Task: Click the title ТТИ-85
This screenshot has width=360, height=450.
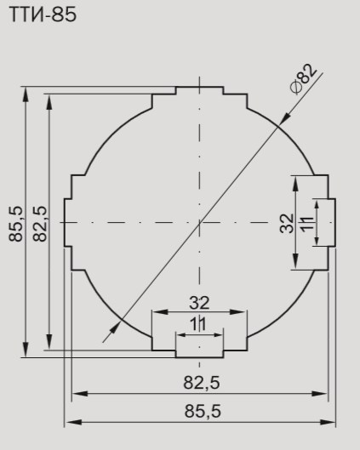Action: click(x=43, y=15)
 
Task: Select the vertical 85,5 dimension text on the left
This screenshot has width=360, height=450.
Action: click(x=15, y=224)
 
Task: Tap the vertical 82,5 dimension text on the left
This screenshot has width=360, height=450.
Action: click(x=40, y=224)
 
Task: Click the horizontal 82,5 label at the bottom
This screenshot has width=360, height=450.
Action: click(x=202, y=383)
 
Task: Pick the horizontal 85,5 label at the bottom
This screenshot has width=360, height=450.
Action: click(x=203, y=411)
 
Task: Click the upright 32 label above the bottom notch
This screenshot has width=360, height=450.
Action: click(x=199, y=303)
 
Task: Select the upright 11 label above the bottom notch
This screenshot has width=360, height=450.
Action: click(x=198, y=324)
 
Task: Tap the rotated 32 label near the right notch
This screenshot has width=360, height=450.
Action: click(x=287, y=224)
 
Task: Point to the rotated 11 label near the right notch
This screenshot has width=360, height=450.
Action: click(x=307, y=224)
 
